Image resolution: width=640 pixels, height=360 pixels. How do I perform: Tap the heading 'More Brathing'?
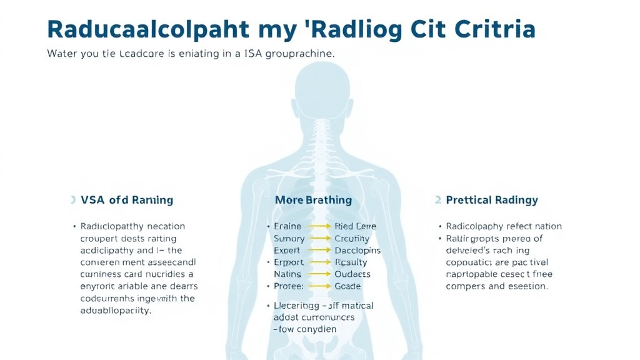click(313, 200)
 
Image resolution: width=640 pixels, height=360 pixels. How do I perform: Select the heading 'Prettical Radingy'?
click(492, 200)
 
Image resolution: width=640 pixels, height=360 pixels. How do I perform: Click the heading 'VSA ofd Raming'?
click(126, 200)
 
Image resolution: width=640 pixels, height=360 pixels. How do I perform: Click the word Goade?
click(347, 286)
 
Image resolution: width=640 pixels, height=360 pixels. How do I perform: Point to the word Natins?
click(287, 274)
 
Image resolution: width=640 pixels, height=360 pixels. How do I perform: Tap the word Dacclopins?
click(357, 250)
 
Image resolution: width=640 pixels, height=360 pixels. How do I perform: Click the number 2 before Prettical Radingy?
click(438, 200)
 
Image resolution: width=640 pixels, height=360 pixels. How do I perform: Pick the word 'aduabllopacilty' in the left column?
click(116, 311)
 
